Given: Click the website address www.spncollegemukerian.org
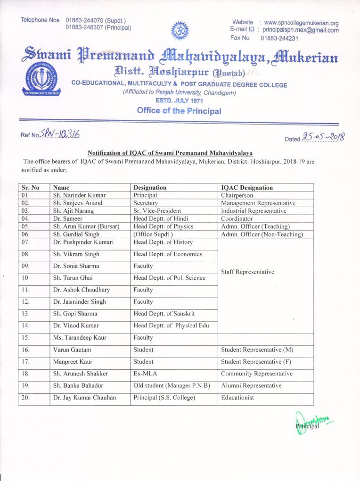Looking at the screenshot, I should [x=301, y=23].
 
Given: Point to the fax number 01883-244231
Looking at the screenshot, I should [x=279, y=38].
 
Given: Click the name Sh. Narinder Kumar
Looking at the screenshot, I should [x=79, y=195].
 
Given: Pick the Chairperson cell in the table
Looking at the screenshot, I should [x=237, y=195].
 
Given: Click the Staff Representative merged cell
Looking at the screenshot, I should [x=247, y=272].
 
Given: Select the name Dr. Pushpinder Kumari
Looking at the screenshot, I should [x=82, y=242].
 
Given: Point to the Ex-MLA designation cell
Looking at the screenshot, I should [x=147, y=374].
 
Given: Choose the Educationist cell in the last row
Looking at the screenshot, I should [x=237, y=398].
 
